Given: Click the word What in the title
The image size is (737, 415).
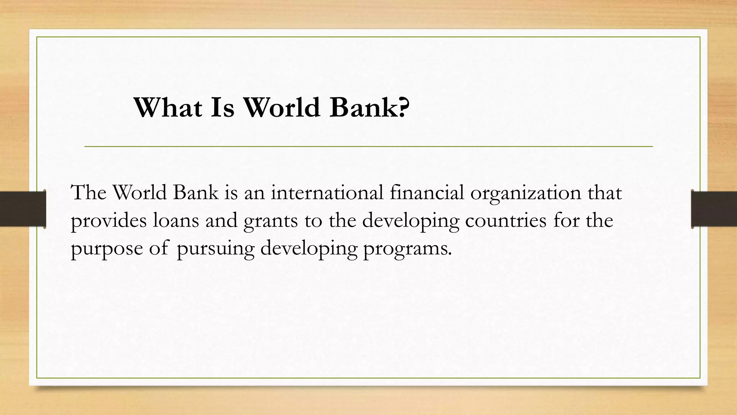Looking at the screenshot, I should tap(168, 107).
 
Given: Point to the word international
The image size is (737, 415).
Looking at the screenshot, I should tap(327, 193).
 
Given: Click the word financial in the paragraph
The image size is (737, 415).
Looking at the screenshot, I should tap(427, 193).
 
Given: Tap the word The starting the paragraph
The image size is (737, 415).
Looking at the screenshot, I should tap(89, 193).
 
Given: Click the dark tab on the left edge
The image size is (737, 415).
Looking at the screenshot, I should tap(22, 209).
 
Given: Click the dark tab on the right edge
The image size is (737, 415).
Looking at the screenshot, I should tap(714, 209).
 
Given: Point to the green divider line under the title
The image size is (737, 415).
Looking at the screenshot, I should tap(368, 147).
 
